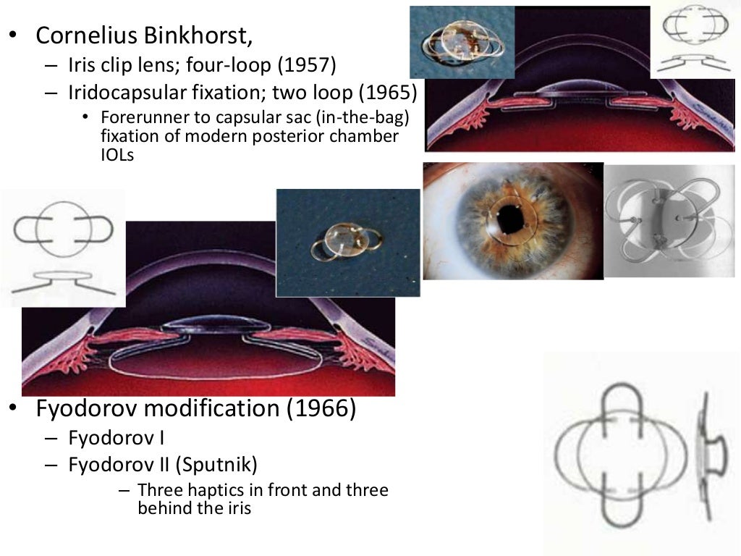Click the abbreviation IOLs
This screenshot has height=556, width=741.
click(117, 154)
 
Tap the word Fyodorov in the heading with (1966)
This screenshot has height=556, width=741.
click(86, 409)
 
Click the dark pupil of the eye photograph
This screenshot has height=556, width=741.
click(513, 219)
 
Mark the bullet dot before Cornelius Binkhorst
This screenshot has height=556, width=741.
click(12, 35)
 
